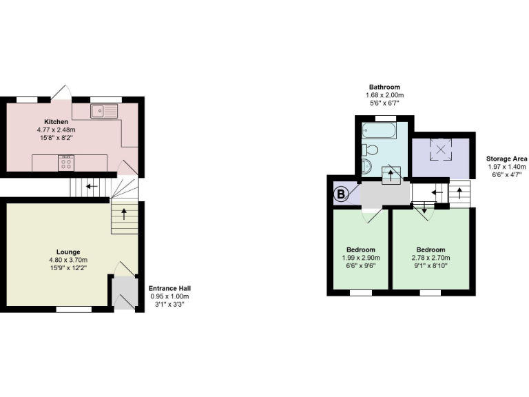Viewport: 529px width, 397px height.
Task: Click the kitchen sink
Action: click(104, 110)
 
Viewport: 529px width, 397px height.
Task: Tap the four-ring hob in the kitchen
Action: click(67, 163)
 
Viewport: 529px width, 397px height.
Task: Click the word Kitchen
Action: click(56, 122)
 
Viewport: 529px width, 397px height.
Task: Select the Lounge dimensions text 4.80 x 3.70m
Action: click(69, 260)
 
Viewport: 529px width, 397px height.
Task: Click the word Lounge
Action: click(69, 252)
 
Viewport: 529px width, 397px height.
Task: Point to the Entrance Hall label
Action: click(170, 288)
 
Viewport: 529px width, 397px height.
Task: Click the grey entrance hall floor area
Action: click(123, 292)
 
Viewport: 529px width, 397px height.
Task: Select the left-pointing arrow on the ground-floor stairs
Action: click(89, 185)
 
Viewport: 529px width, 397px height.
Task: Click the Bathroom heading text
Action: click(384, 87)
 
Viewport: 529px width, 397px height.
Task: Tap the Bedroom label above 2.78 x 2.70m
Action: click(431, 250)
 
